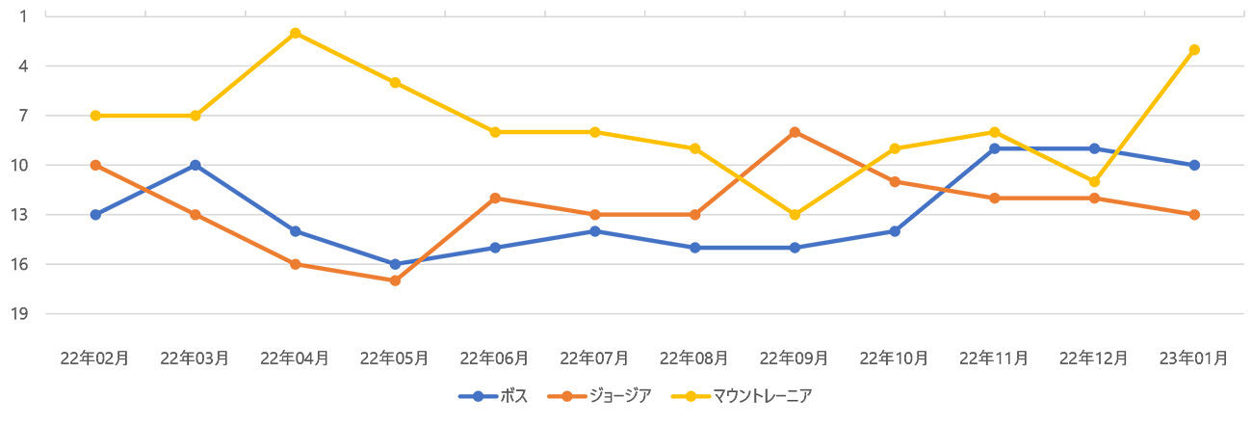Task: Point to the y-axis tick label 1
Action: click(23, 16)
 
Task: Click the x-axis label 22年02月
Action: click(94, 358)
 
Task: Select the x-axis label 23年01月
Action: click(1194, 358)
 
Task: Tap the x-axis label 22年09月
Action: click(794, 358)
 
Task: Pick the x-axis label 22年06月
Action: click(494, 358)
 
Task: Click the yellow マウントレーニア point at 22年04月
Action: click(295, 33)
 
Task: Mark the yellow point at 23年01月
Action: click(1194, 49)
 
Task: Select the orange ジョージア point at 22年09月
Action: click(795, 132)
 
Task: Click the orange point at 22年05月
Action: click(395, 280)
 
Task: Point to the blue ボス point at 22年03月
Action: click(195, 165)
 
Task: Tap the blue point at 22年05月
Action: click(395, 264)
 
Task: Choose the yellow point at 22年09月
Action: click(795, 215)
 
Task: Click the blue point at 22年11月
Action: click(994, 148)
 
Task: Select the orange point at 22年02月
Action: click(95, 165)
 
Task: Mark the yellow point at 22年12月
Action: click(1094, 181)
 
